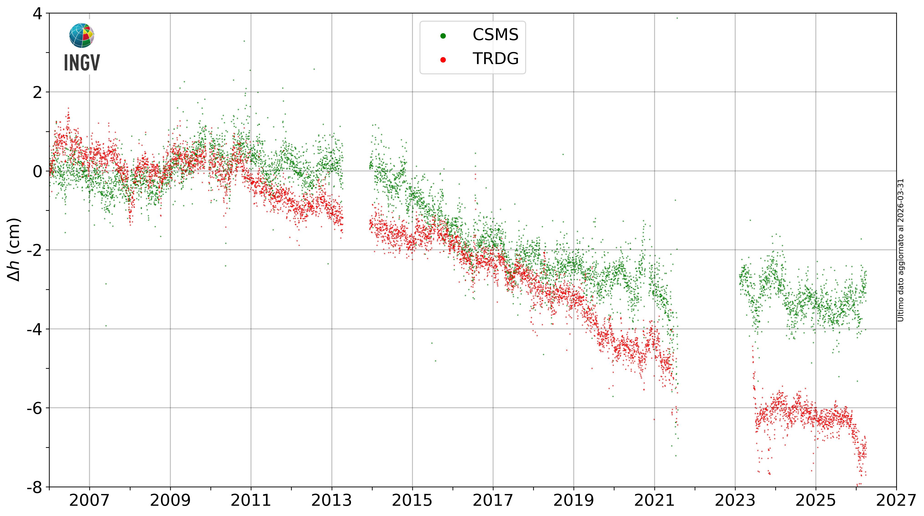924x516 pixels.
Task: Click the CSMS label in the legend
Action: pos(495,35)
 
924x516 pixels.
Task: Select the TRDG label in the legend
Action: pos(495,59)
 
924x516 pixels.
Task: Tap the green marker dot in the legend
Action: pos(443,36)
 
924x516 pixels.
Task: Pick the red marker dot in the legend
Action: pos(443,59)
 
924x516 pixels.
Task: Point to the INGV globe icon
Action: pos(82,36)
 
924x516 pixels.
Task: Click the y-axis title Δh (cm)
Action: pos(14,250)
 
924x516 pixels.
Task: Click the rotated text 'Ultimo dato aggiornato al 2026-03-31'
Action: pos(901,250)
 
